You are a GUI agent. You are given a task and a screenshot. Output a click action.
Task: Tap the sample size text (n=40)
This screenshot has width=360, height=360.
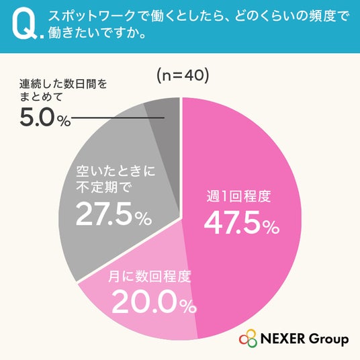tap(183, 76)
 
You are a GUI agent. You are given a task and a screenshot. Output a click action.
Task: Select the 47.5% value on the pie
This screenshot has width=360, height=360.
tap(242, 222)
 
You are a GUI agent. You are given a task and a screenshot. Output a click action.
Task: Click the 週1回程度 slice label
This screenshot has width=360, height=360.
tap(239, 196)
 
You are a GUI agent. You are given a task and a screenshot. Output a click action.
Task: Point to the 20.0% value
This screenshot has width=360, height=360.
tap(154, 302)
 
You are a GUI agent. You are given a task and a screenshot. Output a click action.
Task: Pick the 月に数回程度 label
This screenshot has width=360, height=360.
tap(150, 276)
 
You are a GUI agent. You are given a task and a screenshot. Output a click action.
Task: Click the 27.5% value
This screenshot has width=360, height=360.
tap(114, 214)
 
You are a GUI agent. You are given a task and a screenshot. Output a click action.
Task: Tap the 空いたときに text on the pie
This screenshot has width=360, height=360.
tap(116, 171)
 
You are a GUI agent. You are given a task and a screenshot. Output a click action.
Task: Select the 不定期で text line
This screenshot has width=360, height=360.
tap(104, 187)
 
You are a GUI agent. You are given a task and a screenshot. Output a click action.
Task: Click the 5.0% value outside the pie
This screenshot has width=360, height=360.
tap(45, 118)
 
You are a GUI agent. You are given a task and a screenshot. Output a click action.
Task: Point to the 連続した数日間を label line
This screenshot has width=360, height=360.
tap(63, 84)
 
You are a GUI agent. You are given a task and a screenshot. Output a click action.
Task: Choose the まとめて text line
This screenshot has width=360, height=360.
tap(41, 97)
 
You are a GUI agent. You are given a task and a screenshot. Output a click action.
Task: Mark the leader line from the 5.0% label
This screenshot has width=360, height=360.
tap(118, 118)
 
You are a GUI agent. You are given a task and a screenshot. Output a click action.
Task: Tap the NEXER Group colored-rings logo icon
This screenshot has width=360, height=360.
tap(248, 339)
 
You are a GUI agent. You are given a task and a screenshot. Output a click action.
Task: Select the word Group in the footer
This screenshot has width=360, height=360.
tap(328, 339)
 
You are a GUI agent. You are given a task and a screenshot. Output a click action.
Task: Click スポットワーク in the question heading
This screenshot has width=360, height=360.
tap(91, 16)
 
